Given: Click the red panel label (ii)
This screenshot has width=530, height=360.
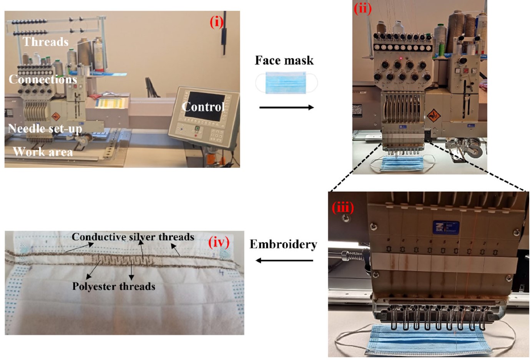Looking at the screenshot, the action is coord(363,9).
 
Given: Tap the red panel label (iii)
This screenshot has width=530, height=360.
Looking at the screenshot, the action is coord(343,207).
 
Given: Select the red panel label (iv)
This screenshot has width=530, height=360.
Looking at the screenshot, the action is coord(219,243).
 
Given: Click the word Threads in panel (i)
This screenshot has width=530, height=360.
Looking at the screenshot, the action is coord(45,42).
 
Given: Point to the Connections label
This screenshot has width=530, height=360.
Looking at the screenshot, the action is coord(43,79).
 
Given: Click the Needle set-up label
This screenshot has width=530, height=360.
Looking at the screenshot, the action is coord(45,129).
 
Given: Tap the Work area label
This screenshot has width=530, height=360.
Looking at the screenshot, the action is coord(43,152).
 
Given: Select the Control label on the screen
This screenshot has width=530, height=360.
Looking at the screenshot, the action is coord(203,107).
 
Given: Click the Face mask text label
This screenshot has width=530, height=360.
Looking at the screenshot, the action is coord(284,60).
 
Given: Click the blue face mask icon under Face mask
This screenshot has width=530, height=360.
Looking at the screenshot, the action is coord(286,83).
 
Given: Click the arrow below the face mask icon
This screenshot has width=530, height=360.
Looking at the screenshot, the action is coord(287,108).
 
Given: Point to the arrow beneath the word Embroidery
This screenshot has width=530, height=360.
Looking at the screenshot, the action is coord(284,260).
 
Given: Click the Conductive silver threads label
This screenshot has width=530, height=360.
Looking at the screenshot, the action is coord(133,237).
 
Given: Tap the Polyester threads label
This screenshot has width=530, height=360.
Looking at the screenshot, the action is coord(114,287).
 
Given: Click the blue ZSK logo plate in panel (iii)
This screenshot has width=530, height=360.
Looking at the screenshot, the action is coord(446,227).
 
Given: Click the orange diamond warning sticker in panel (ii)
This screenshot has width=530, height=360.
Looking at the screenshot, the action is coord(434,116).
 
